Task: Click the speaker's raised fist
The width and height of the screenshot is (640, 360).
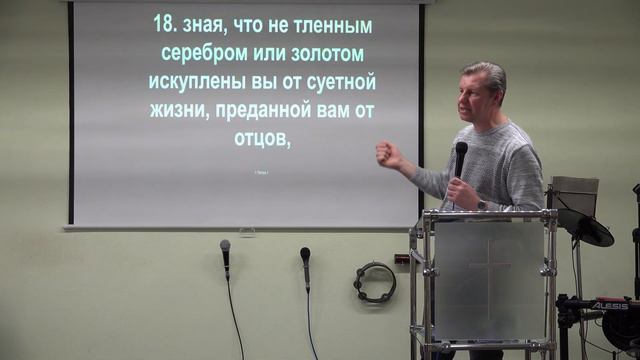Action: tap(387, 154)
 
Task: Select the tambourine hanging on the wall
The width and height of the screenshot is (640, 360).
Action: tap(374, 283)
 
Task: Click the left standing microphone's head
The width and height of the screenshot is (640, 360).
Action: tap(225, 247)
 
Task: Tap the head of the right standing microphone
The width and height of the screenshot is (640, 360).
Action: tap(305, 254)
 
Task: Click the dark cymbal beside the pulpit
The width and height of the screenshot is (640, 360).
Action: tap(593, 232)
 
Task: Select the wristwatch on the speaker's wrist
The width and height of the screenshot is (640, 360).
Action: tap(481, 204)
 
